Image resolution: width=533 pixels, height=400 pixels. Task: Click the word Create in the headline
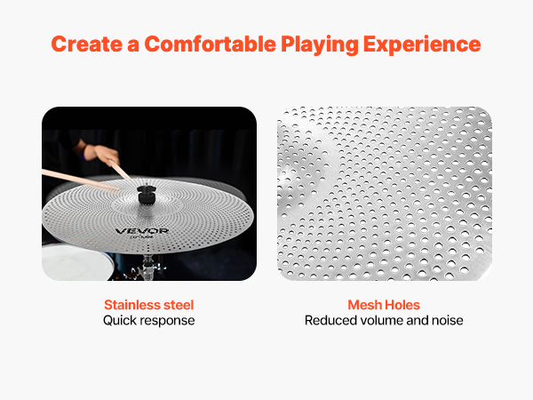(87, 44)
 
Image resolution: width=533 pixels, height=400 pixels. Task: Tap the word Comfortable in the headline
(210, 44)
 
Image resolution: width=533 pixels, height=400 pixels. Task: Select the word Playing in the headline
(320, 45)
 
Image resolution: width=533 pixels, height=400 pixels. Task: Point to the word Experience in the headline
(422, 45)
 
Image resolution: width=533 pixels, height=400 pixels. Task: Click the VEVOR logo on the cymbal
(142, 231)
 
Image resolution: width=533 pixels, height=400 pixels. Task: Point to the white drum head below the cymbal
(77, 262)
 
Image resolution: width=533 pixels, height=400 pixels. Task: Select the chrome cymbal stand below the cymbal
(147, 268)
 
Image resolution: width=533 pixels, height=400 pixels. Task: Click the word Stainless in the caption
(132, 305)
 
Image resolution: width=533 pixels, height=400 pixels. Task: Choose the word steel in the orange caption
(179, 305)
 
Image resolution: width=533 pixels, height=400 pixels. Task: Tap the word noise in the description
(448, 320)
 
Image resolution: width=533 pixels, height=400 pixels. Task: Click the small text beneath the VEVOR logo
(142, 236)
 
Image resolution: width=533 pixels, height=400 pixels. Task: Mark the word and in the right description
(418, 320)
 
